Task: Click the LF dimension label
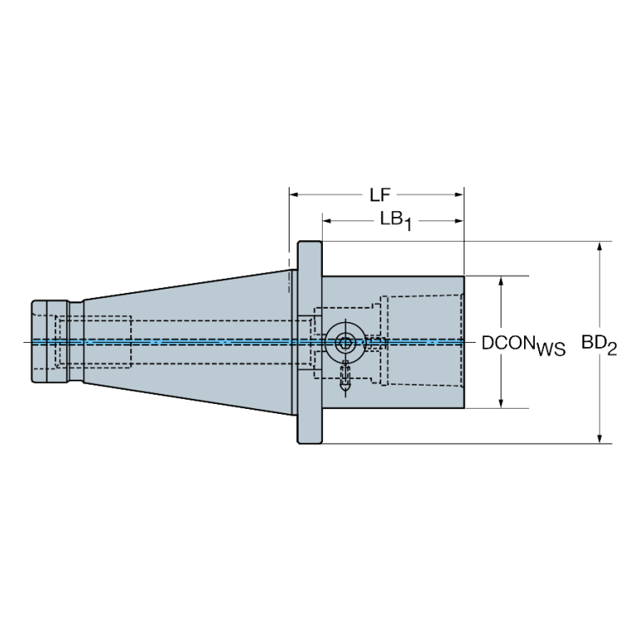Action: tap(380, 195)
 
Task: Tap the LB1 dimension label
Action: tap(396, 221)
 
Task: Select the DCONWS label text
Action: tap(523, 345)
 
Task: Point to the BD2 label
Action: tap(599, 345)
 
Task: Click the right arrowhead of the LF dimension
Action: tap(459, 194)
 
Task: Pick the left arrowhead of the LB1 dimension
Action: tap(327, 221)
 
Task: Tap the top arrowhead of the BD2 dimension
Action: tap(599, 247)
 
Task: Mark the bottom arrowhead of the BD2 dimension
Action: tap(599, 438)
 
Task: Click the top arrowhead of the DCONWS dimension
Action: tap(501, 281)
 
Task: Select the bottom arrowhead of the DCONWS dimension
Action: tap(501, 403)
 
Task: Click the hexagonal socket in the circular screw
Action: tap(345, 343)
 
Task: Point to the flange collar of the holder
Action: tap(310, 342)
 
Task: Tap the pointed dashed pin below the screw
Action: tap(345, 377)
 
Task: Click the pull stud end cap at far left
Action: tap(50, 341)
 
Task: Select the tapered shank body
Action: tap(188, 342)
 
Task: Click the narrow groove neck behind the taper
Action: tap(76, 341)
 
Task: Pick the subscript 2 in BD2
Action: tap(612, 350)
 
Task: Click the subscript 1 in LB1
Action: tap(407, 225)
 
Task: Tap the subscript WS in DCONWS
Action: tap(551, 350)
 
